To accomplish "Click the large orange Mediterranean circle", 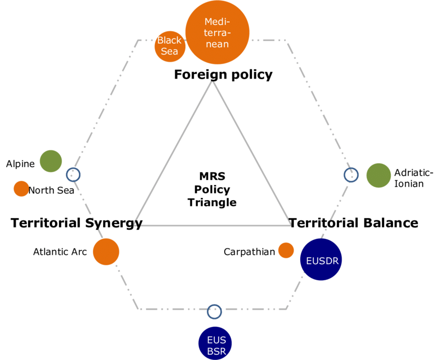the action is point(217,32).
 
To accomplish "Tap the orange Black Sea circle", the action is point(169,47).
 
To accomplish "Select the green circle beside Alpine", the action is point(51,161).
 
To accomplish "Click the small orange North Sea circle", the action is point(21,189).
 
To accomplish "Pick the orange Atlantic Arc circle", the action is point(106,251).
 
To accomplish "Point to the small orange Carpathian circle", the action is point(286,250).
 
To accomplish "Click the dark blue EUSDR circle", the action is point(321,259).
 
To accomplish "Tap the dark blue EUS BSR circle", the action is point(215,343).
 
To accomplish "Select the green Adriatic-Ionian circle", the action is point(378,175).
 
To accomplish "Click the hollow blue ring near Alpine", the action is point(66,175).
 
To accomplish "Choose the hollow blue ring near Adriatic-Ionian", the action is point(345,175).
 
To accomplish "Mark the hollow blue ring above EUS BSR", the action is point(208,312).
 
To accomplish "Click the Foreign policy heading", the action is point(224,74).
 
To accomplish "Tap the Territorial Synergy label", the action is point(77,223).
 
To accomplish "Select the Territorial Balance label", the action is point(354,223).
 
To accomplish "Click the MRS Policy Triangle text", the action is point(212,189).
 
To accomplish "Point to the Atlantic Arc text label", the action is point(60,252).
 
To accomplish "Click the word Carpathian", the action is point(249,252).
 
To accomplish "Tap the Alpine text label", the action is point(21,164).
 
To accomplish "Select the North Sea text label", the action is point(51,190).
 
